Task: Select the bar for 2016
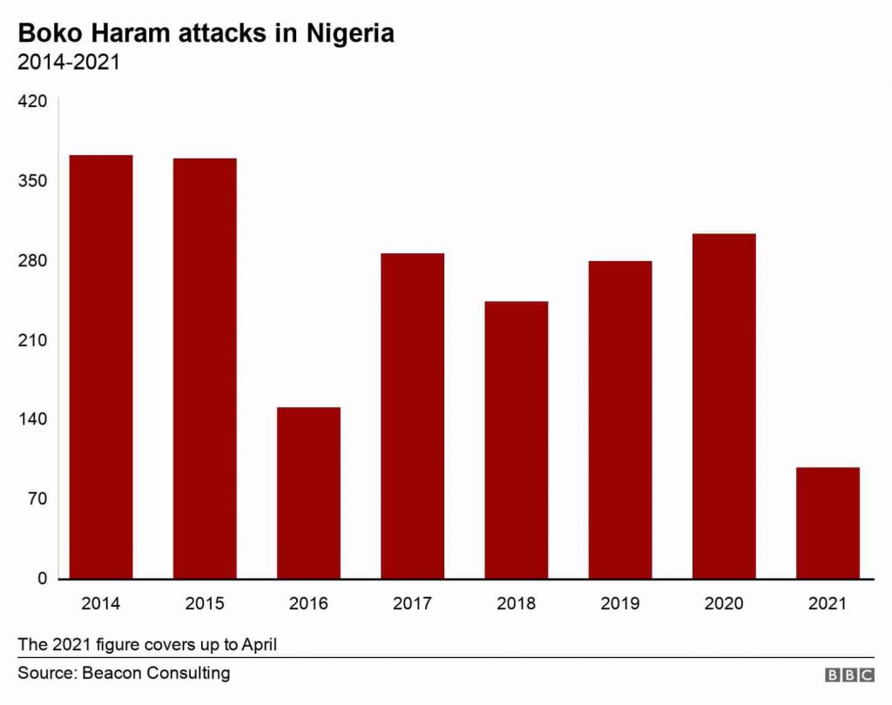pos(308,492)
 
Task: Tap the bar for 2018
pos(517,440)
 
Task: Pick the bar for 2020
pos(724,406)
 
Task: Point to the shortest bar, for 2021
pos(828,522)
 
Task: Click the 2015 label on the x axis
pos(205,603)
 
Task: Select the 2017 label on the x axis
pos(412,603)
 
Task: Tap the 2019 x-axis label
pos(620,603)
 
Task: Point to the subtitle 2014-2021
pos(69,63)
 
